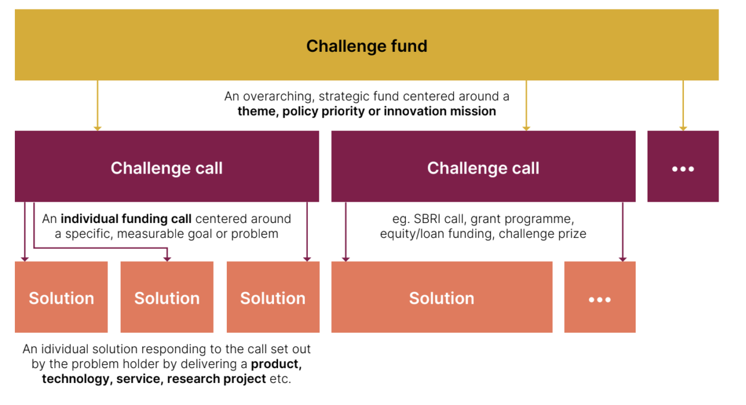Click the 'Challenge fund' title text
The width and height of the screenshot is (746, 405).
pyautogui.click(x=366, y=46)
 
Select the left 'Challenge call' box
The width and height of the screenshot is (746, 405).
pyautogui.click(x=167, y=168)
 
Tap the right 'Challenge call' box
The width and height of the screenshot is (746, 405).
pyautogui.click(x=483, y=168)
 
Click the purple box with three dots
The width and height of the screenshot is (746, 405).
pyautogui.click(x=683, y=168)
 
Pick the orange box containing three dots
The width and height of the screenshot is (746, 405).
pyautogui.click(x=599, y=298)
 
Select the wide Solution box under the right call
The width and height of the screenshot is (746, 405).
pyautogui.click(x=442, y=298)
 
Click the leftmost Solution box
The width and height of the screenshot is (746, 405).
pyautogui.click(x=61, y=298)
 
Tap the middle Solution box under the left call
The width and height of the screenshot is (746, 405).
pyautogui.click(x=167, y=298)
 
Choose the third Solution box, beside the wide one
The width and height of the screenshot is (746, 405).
pyautogui.click(x=273, y=298)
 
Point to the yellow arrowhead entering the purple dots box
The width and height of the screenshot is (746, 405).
pyautogui.click(x=683, y=128)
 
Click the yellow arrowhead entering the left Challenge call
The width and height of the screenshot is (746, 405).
pyautogui.click(x=97, y=128)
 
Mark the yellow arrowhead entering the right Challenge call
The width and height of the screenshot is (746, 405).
pyautogui.click(x=526, y=128)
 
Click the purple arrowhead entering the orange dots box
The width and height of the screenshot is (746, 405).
pyautogui.click(x=622, y=259)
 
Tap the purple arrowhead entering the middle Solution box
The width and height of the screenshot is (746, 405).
pyautogui.click(x=167, y=259)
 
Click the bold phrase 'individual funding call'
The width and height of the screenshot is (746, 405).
pyautogui.click(x=126, y=219)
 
